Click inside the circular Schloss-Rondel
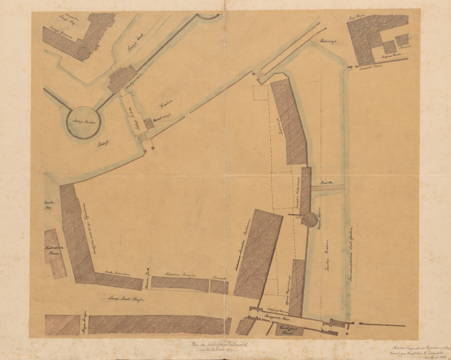(x=83, y=122)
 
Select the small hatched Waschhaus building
(x=148, y=123)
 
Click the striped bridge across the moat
(x=328, y=188)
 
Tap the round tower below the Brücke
(x=308, y=219)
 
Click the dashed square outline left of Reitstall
(x=259, y=93)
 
